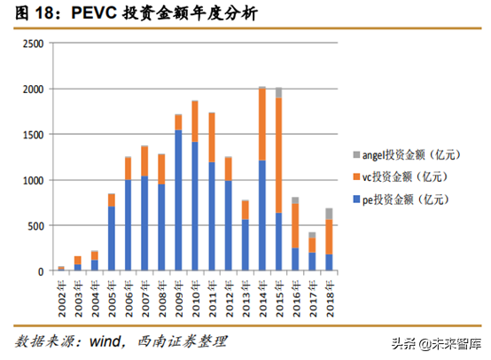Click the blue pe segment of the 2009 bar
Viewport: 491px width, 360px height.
coord(178,200)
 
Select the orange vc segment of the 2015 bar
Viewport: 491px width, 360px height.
coord(278,155)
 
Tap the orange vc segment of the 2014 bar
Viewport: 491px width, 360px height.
coord(261,124)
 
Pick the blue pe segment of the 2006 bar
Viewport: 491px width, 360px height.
coord(128,225)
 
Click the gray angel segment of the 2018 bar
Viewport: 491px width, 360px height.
coord(329,214)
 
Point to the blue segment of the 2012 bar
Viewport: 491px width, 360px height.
coord(228,225)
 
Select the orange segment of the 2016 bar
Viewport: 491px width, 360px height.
coord(295,225)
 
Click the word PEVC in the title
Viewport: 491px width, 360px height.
coord(75,12)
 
